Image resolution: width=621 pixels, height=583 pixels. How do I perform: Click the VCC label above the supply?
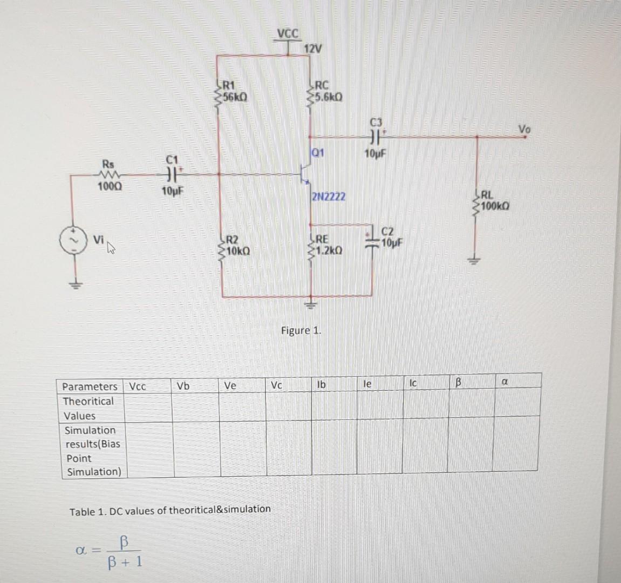[x=288, y=34]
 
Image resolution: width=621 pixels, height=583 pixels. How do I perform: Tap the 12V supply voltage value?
[x=313, y=50]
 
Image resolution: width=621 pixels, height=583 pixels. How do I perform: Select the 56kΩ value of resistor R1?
[x=236, y=98]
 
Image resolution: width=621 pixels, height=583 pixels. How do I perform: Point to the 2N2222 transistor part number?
[x=329, y=197]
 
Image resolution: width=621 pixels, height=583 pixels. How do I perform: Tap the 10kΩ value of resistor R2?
[x=237, y=251]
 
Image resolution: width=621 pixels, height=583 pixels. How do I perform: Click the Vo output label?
[x=524, y=129]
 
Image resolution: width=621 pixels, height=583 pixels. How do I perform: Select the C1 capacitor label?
[x=172, y=159]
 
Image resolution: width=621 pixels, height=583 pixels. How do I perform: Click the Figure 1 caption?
[x=301, y=330]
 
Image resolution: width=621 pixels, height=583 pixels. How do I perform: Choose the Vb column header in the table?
[x=183, y=386]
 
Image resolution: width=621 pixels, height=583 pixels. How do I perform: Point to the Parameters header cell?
[x=90, y=387]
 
